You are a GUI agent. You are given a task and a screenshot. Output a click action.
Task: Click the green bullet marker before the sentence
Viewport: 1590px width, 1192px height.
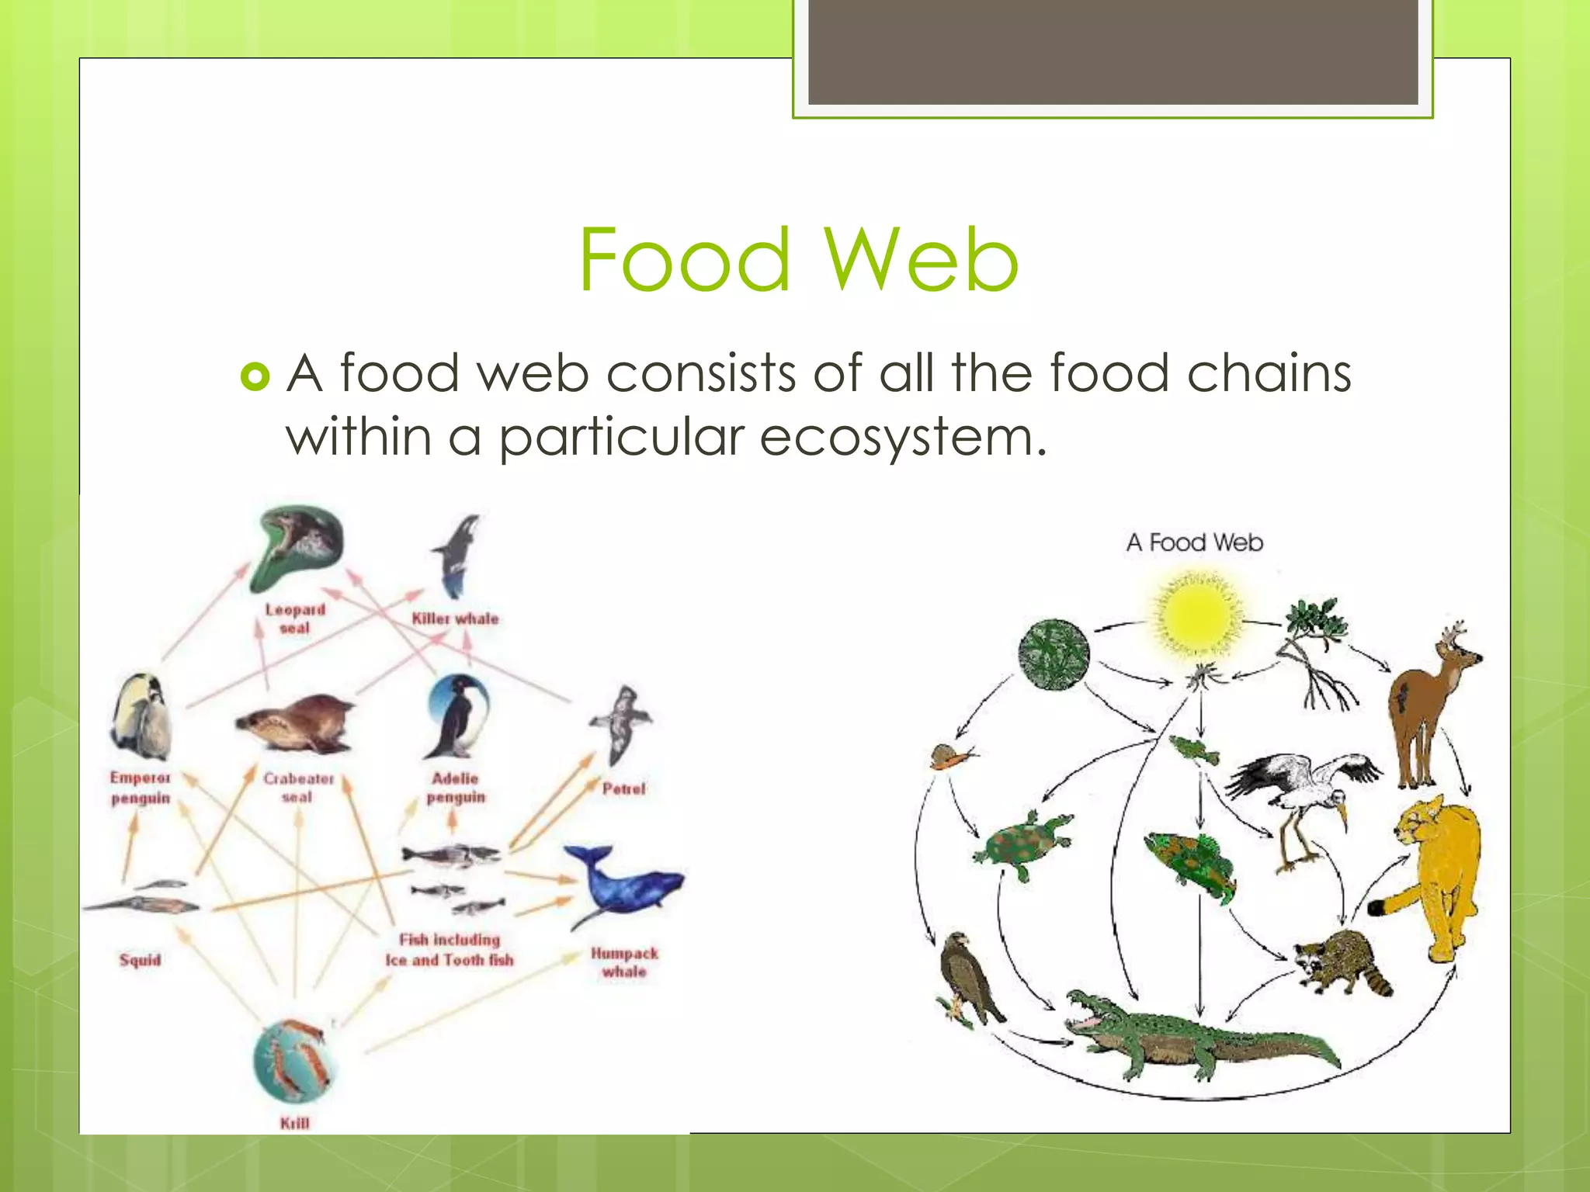point(255,377)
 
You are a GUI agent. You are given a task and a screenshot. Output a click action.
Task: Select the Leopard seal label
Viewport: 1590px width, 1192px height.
point(295,619)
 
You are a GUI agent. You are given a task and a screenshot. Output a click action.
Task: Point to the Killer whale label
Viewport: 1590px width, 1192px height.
point(455,619)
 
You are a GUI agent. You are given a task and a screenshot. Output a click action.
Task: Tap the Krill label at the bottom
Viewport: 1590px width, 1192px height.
point(294,1123)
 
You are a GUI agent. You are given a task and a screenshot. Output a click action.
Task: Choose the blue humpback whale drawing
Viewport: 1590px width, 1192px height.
point(623,885)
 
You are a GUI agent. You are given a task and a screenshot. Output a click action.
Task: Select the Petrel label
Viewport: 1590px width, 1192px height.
point(623,788)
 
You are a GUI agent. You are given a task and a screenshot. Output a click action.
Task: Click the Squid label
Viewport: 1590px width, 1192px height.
point(140,960)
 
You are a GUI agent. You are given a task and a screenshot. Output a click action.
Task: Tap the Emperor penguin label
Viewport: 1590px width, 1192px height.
point(140,788)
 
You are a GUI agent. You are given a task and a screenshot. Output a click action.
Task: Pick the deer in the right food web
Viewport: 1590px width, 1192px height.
point(1428,702)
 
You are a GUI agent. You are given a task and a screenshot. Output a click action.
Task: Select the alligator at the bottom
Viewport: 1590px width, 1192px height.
point(1196,1036)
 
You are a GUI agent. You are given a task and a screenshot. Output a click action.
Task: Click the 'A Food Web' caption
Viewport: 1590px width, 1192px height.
point(1194,542)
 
